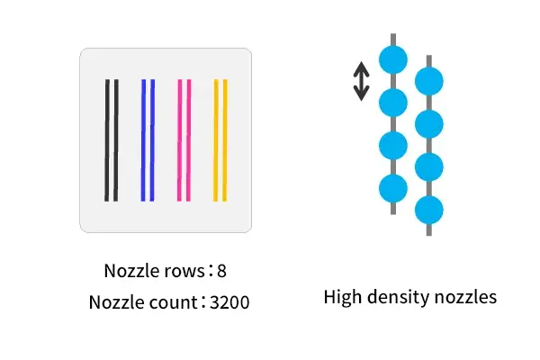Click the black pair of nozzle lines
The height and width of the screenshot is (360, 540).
tap(112, 139)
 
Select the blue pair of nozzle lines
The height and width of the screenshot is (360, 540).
tap(148, 139)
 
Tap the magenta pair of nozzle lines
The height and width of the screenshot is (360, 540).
tap(184, 139)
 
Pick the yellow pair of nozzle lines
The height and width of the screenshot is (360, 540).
tap(220, 139)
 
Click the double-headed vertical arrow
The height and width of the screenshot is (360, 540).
tap(361, 81)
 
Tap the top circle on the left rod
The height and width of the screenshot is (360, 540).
tap(393, 60)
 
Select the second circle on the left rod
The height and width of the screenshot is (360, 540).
tap(393, 103)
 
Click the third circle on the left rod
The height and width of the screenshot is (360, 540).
tap(393, 145)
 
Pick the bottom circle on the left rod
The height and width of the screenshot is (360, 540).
tap(393, 188)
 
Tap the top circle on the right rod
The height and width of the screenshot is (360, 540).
tap(428, 81)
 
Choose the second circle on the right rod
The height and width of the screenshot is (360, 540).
tap(428, 123)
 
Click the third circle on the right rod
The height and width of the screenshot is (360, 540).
tap(428, 166)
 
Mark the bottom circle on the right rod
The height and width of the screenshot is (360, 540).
tap(428, 210)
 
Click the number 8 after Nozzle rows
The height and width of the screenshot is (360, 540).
tap(222, 271)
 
